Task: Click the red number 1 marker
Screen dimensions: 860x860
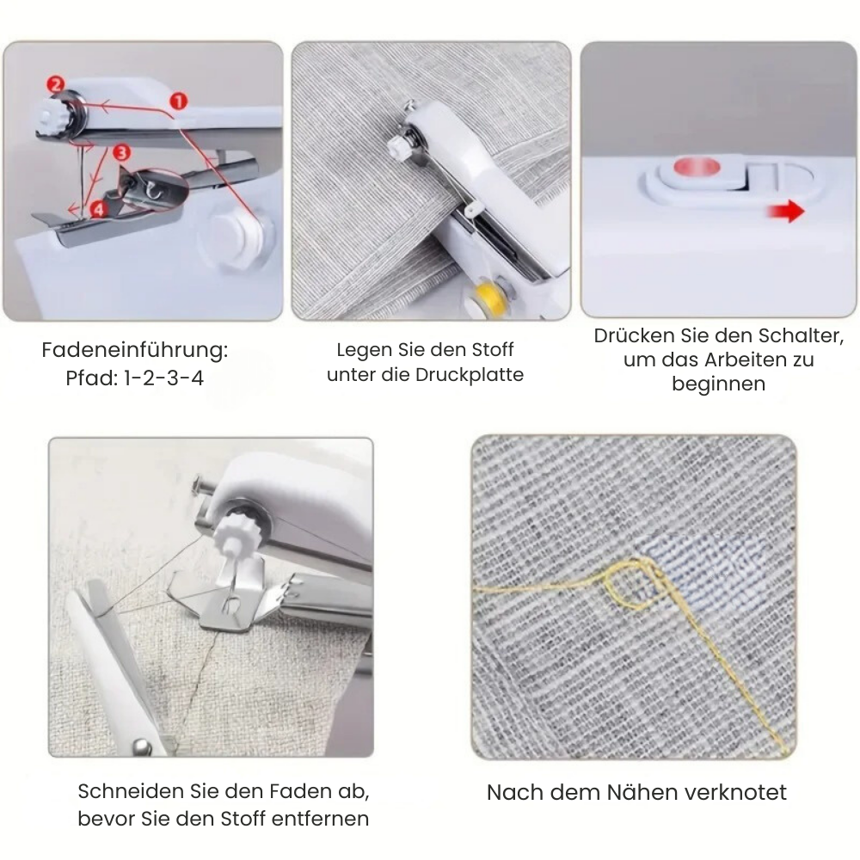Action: tap(178, 101)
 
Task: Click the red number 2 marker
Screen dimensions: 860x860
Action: tap(56, 84)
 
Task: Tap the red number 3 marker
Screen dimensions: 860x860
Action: tap(121, 152)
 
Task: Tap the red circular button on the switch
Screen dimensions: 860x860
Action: tap(695, 169)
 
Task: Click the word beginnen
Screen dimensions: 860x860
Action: tap(718, 384)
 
